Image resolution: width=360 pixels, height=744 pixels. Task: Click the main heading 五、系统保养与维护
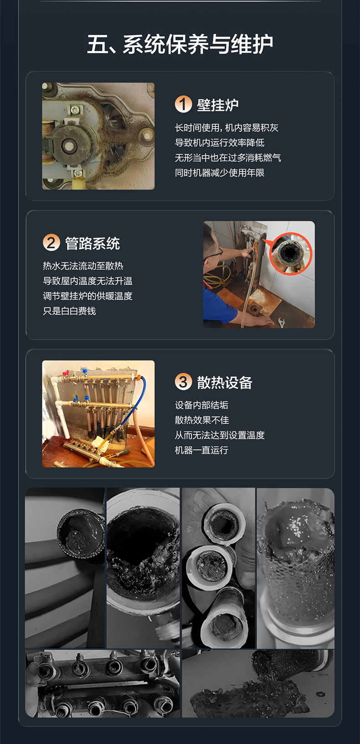click(x=180, y=44)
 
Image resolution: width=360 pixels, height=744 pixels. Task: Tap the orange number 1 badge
click(x=183, y=104)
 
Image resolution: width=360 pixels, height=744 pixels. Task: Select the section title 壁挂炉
click(x=217, y=105)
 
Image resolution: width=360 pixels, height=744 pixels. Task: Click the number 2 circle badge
click(x=51, y=242)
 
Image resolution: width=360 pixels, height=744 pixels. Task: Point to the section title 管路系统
click(x=93, y=243)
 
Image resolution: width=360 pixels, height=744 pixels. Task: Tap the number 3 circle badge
click(x=183, y=382)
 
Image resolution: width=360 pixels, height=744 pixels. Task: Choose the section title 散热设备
click(x=225, y=382)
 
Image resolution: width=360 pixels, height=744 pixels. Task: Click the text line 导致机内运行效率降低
click(x=220, y=143)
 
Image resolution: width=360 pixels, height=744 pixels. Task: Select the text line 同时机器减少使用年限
click(x=220, y=173)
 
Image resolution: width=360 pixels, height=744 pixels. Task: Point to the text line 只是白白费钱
click(x=69, y=311)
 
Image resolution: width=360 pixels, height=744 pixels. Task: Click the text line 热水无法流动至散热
click(x=83, y=266)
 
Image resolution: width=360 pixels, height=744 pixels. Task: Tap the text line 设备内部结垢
click(x=201, y=405)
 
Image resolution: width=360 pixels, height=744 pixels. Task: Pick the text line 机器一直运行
click(x=201, y=450)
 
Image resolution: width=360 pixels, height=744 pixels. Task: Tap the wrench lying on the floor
click(x=281, y=323)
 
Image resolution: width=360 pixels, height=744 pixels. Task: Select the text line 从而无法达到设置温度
click(x=220, y=435)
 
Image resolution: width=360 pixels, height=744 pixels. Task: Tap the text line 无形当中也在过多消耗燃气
click(x=228, y=158)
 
